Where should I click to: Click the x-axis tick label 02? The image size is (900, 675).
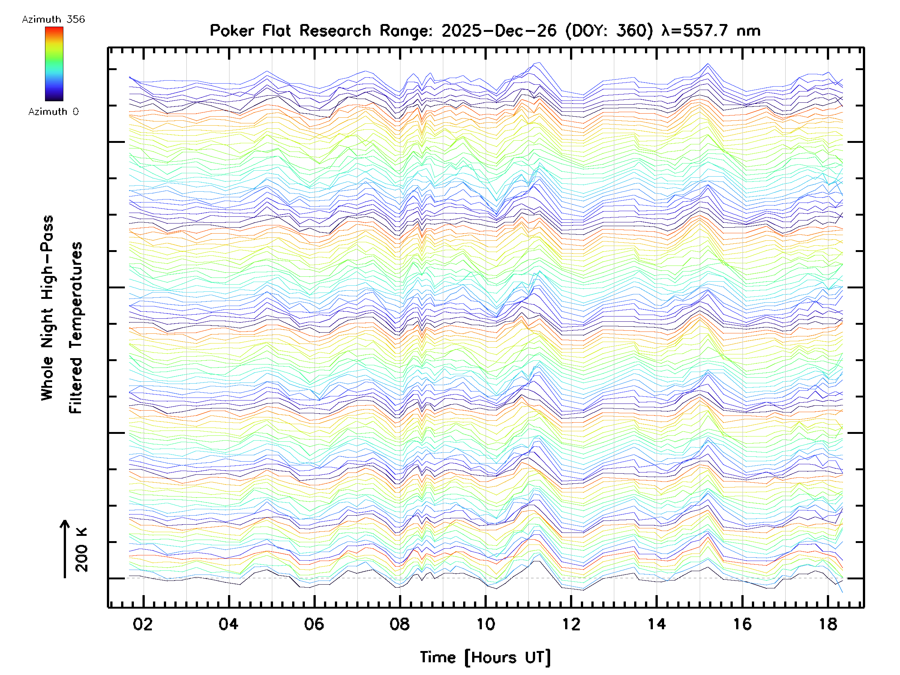point(143,624)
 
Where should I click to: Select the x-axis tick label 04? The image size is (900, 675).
point(228,624)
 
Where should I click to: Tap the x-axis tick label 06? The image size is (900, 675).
point(314,624)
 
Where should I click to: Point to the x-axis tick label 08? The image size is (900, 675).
point(399,624)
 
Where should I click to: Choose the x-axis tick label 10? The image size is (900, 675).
point(485,624)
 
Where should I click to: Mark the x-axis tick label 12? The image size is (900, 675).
point(571,624)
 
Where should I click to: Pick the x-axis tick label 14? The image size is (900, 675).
point(656,624)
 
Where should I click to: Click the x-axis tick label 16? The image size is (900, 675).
point(742,624)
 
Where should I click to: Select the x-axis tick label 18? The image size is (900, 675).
point(828,624)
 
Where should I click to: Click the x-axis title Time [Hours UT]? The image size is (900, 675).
point(485,657)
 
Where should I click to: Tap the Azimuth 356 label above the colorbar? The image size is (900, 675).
point(53,19)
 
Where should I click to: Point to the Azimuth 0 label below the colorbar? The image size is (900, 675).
point(53,111)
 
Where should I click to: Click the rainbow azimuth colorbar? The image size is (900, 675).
point(54,63)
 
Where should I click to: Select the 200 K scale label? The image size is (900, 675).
point(81,550)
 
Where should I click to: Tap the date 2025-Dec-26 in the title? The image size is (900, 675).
point(499,31)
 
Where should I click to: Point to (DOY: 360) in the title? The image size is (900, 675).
point(609,31)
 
